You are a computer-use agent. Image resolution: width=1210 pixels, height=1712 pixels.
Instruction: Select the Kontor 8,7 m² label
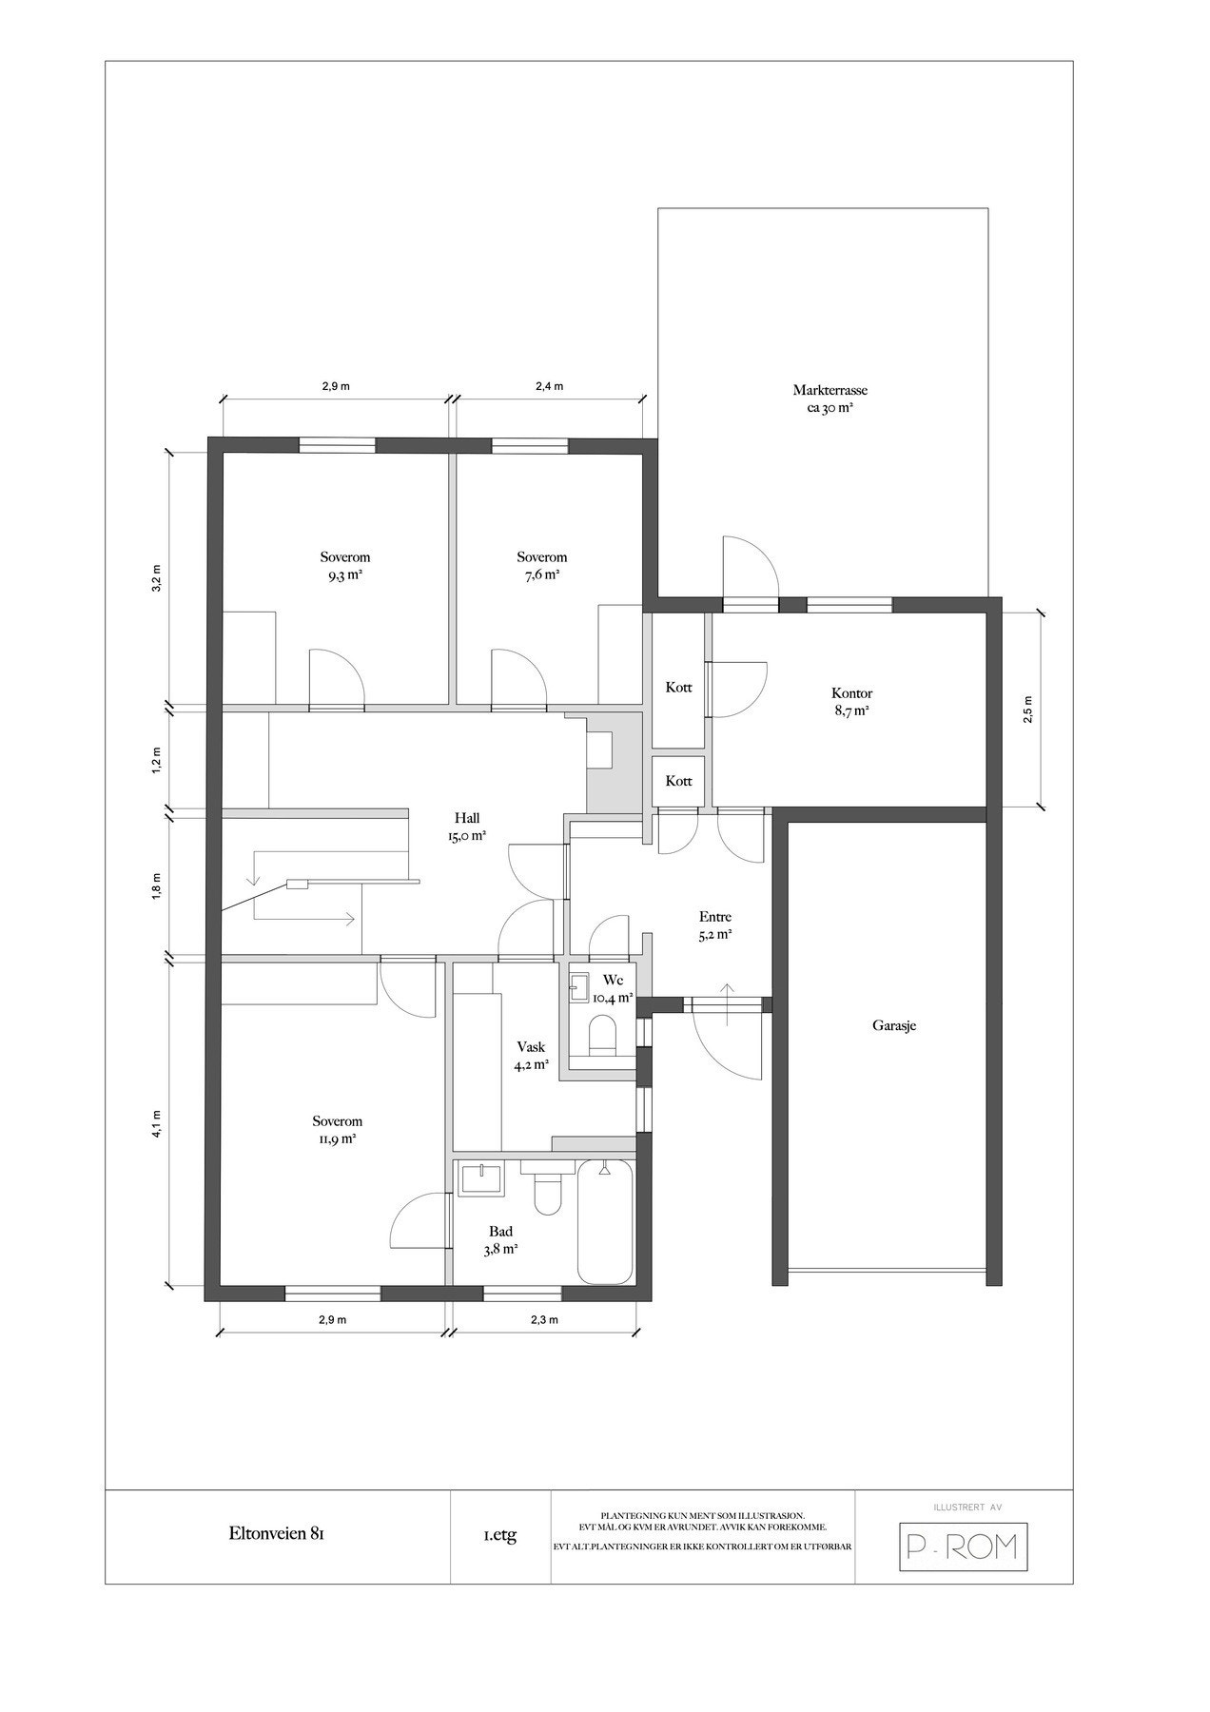click(x=851, y=702)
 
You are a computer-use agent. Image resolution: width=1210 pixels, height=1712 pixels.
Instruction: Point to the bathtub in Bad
click(x=605, y=1222)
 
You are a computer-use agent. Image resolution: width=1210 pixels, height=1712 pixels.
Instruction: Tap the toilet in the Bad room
click(x=548, y=1189)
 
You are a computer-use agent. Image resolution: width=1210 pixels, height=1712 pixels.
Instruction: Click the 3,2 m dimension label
click(x=157, y=578)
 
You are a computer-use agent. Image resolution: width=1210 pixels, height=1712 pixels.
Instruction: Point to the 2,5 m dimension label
click(x=1027, y=710)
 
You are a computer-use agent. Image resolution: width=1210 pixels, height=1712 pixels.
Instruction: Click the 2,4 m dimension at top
click(x=549, y=386)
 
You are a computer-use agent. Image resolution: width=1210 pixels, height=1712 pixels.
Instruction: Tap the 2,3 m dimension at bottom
click(x=543, y=1319)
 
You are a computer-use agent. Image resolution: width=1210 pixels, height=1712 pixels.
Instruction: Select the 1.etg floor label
click(x=500, y=1535)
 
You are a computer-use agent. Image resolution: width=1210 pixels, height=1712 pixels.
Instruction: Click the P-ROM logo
click(x=964, y=1547)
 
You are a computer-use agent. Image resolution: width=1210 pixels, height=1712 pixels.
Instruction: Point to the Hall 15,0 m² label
click(x=466, y=827)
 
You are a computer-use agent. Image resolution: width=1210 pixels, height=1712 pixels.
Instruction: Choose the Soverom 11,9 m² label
click(x=338, y=1130)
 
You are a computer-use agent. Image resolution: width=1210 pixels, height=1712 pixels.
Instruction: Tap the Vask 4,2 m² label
click(x=531, y=1056)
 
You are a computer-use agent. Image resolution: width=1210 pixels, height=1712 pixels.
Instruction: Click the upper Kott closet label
click(x=678, y=688)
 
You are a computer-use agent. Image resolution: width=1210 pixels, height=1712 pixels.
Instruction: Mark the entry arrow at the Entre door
click(x=729, y=1004)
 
